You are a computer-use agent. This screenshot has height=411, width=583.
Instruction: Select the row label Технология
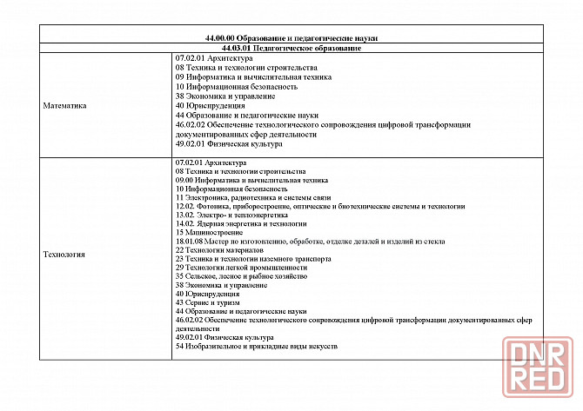(x=64, y=255)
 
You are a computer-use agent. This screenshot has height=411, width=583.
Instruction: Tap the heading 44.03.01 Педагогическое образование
(x=291, y=48)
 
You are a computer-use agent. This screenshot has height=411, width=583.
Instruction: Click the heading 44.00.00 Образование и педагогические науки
(x=291, y=38)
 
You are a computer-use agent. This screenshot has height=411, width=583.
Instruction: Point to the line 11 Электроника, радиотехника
(x=249, y=198)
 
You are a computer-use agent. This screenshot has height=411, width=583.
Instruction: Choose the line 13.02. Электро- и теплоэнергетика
(x=226, y=215)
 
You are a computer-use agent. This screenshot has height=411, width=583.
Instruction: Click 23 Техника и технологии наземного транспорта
(x=253, y=258)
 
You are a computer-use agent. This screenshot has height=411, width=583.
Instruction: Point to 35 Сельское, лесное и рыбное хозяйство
(x=241, y=276)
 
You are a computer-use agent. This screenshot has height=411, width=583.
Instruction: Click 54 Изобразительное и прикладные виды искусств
(x=256, y=347)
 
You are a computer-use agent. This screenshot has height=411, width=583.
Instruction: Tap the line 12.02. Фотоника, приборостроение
(x=319, y=206)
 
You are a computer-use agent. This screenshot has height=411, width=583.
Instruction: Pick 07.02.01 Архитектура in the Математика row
(x=214, y=57)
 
